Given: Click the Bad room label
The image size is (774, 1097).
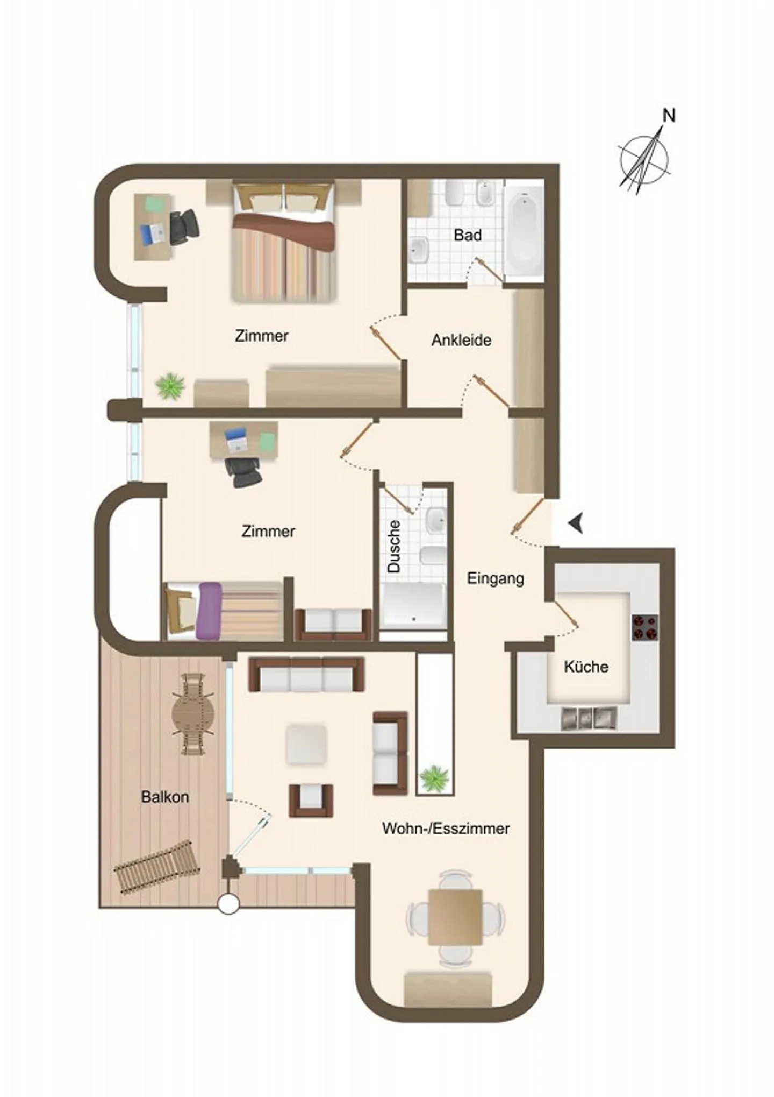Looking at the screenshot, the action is (x=467, y=235).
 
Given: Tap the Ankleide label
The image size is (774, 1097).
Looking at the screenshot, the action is (x=461, y=340).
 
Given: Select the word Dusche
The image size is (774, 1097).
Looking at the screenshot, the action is (x=395, y=546).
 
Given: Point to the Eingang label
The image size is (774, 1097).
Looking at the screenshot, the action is (x=495, y=579).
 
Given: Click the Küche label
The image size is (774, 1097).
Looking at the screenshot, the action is (x=586, y=667).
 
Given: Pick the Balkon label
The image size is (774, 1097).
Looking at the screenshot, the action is (x=165, y=797).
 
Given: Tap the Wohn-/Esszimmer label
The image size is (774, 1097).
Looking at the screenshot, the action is (x=446, y=828).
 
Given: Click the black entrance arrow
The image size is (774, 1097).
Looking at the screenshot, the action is (x=576, y=523).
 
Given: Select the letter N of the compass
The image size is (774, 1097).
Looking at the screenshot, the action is (x=669, y=115).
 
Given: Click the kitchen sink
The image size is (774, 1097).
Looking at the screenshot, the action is (x=589, y=719).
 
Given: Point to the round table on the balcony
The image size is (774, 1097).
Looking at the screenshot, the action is (x=193, y=714).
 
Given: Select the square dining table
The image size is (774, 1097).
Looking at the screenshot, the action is (x=455, y=917).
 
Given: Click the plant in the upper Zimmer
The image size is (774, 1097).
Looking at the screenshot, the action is (x=170, y=386).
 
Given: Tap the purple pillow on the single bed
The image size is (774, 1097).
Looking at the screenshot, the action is (x=209, y=611).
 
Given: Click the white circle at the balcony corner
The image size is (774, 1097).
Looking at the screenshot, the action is (x=228, y=904).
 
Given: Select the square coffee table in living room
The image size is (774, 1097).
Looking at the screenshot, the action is (x=306, y=744).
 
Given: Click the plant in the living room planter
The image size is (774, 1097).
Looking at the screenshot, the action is (x=434, y=777).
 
